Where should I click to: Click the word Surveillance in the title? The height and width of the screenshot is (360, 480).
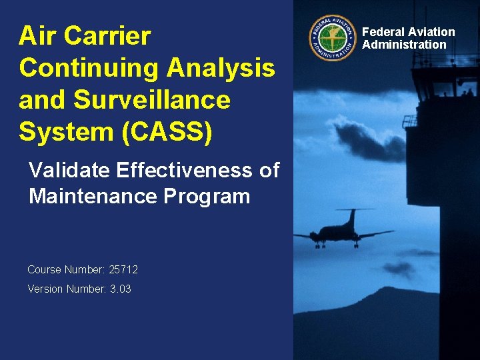click(x=151, y=99)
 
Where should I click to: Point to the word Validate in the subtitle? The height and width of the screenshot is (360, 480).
click(x=69, y=171)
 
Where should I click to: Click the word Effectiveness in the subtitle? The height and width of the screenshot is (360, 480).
click(x=185, y=171)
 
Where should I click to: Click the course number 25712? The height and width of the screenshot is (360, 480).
click(x=123, y=270)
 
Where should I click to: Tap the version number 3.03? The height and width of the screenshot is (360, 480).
click(x=120, y=289)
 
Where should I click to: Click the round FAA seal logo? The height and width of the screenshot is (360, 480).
click(x=332, y=38)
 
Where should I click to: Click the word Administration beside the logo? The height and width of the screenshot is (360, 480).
click(x=404, y=45)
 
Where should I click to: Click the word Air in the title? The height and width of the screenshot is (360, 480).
click(x=37, y=36)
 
